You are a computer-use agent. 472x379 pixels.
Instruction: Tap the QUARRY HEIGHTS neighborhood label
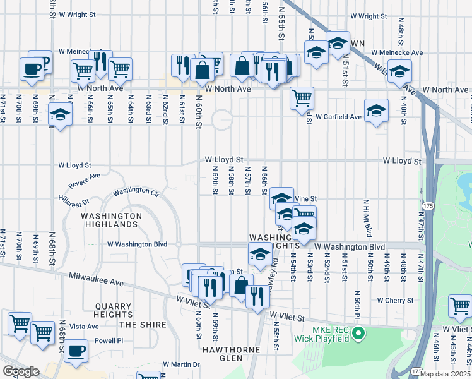tap(112, 310)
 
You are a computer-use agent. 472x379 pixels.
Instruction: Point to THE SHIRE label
tap(143, 325)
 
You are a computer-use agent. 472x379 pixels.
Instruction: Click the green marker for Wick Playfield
tap(359, 332)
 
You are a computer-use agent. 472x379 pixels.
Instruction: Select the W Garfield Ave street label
tap(339, 117)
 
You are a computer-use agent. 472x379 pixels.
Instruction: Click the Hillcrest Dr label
tap(74, 199)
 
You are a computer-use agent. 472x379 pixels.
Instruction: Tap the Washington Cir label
tap(135, 191)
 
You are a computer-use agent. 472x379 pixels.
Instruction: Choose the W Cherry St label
tap(395, 301)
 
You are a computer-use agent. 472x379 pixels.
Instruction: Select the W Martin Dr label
tap(180, 364)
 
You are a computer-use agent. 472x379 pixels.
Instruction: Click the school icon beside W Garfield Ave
tap(376, 111)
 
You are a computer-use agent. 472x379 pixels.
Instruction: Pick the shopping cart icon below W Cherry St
tap(460, 306)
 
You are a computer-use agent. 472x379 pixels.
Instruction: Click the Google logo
tap(21, 371)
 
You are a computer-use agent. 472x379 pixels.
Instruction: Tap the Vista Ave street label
tap(85, 327)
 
